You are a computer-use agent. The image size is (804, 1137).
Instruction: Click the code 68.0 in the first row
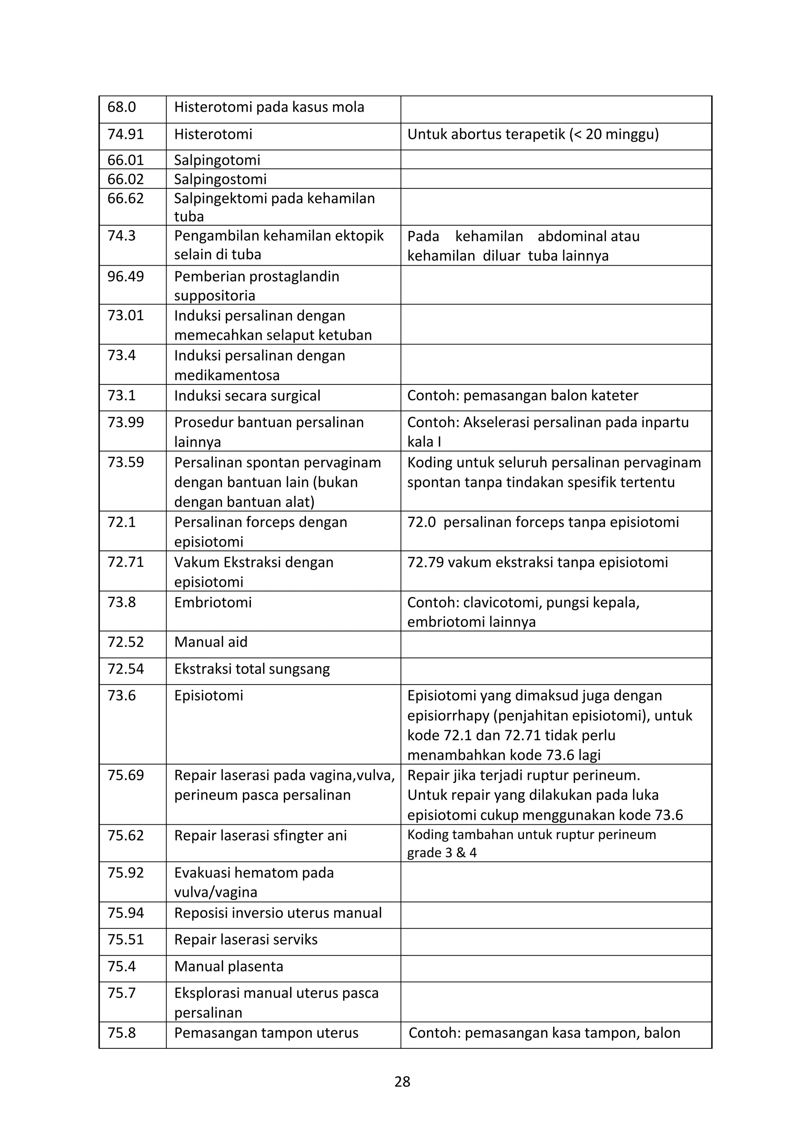[x=121, y=107]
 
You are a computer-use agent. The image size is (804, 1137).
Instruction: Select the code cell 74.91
[x=125, y=134]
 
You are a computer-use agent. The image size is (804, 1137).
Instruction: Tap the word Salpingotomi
[x=217, y=160]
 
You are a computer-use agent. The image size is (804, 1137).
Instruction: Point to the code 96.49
[x=125, y=276]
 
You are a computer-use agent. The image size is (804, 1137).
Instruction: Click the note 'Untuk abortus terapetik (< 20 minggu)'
[x=533, y=134]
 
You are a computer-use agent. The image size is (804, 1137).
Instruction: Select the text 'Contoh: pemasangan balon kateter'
[x=522, y=395]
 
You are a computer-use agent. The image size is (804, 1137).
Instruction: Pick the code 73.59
[x=125, y=463]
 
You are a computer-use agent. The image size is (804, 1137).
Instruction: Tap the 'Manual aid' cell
[x=210, y=642]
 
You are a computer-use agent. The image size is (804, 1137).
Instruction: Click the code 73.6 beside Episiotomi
[x=121, y=695]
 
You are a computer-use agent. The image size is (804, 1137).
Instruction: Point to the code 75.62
[x=125, y=835]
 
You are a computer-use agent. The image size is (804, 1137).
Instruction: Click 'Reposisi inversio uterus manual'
[x=278, y=913]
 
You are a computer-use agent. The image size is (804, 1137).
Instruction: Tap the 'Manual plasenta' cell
[x=228, y=966]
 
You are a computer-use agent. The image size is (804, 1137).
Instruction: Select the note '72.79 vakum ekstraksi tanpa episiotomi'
[x=537, y=562]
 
